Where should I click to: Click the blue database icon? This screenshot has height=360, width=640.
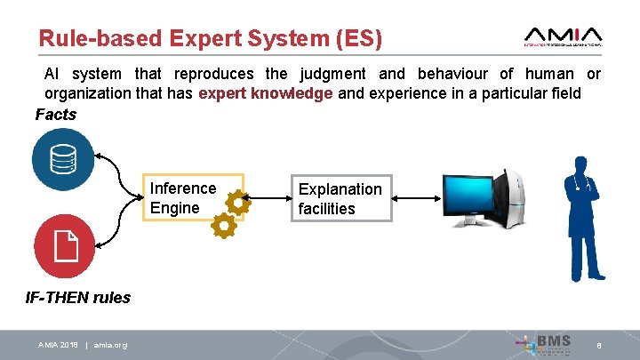pos(63,160)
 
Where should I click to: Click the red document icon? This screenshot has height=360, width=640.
pos(63,246)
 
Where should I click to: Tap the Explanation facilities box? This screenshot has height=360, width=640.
pos(340,198)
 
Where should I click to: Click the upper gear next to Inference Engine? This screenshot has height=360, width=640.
pos(237,203)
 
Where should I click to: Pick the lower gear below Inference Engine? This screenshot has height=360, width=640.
pos(223,227)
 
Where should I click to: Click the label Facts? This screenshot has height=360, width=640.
pos(55,115)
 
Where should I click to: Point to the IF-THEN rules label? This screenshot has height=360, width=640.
pos(77,298)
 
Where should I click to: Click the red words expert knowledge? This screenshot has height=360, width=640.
pos(266,93)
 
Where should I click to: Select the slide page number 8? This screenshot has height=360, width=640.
pos(600,345)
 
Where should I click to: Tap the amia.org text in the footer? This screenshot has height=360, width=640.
pos(110,345)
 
